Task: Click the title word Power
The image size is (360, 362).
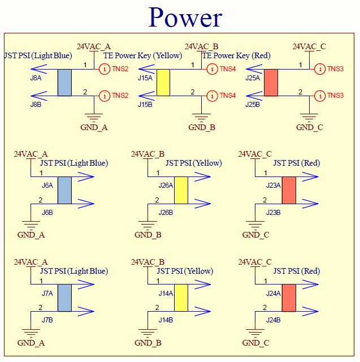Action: tap(185, 18)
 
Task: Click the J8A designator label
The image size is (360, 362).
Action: tap(36, 78)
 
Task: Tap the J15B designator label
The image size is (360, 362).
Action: tap(145, 105)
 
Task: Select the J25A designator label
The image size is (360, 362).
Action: tap(253, 78)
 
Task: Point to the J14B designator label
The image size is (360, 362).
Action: tap(166, 320)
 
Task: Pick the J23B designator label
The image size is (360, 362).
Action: tap(274, 213)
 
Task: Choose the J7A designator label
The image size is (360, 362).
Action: tap(47, 293)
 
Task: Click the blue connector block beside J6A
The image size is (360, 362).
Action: tap(64, 190)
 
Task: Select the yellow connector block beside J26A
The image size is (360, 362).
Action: tap(181, 190)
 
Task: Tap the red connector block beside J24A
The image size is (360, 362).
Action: tap(289, 298)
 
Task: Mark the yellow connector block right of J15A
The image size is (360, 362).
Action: tap(163, 83)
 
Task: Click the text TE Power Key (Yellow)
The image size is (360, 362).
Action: tap(142, 55)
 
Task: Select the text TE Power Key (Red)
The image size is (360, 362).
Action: tap(236, 55)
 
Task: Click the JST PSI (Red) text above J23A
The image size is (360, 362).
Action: tap(297, 163)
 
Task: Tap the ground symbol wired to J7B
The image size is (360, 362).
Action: tap(31, 333)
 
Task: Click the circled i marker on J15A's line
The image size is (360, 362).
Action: tap(212, 69)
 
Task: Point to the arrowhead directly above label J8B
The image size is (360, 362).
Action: tap(39, 96)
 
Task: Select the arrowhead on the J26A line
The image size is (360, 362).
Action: tap(202, 177)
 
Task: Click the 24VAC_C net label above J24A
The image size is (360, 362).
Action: tap(255, 262)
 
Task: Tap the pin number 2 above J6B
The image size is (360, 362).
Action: tap(40, 200)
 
